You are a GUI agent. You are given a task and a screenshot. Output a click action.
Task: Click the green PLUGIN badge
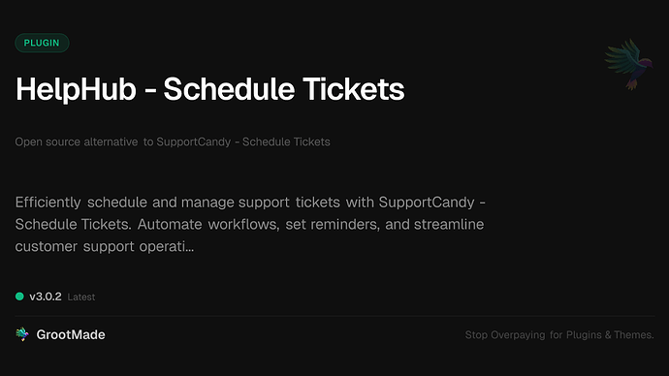click(42, 43)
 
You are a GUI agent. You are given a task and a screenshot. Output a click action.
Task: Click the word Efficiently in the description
click(48, 203)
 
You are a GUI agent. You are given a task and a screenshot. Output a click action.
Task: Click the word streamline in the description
click(451, 225)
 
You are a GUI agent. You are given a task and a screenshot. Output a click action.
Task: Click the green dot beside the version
click(19, 297)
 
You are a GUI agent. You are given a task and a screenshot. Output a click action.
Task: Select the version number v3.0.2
click(46, 297)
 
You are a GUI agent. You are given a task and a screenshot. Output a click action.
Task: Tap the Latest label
click(81, 298)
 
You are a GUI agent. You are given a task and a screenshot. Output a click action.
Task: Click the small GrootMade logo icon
click(22, 334)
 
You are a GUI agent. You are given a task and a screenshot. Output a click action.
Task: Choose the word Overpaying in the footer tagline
click(522, 335)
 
